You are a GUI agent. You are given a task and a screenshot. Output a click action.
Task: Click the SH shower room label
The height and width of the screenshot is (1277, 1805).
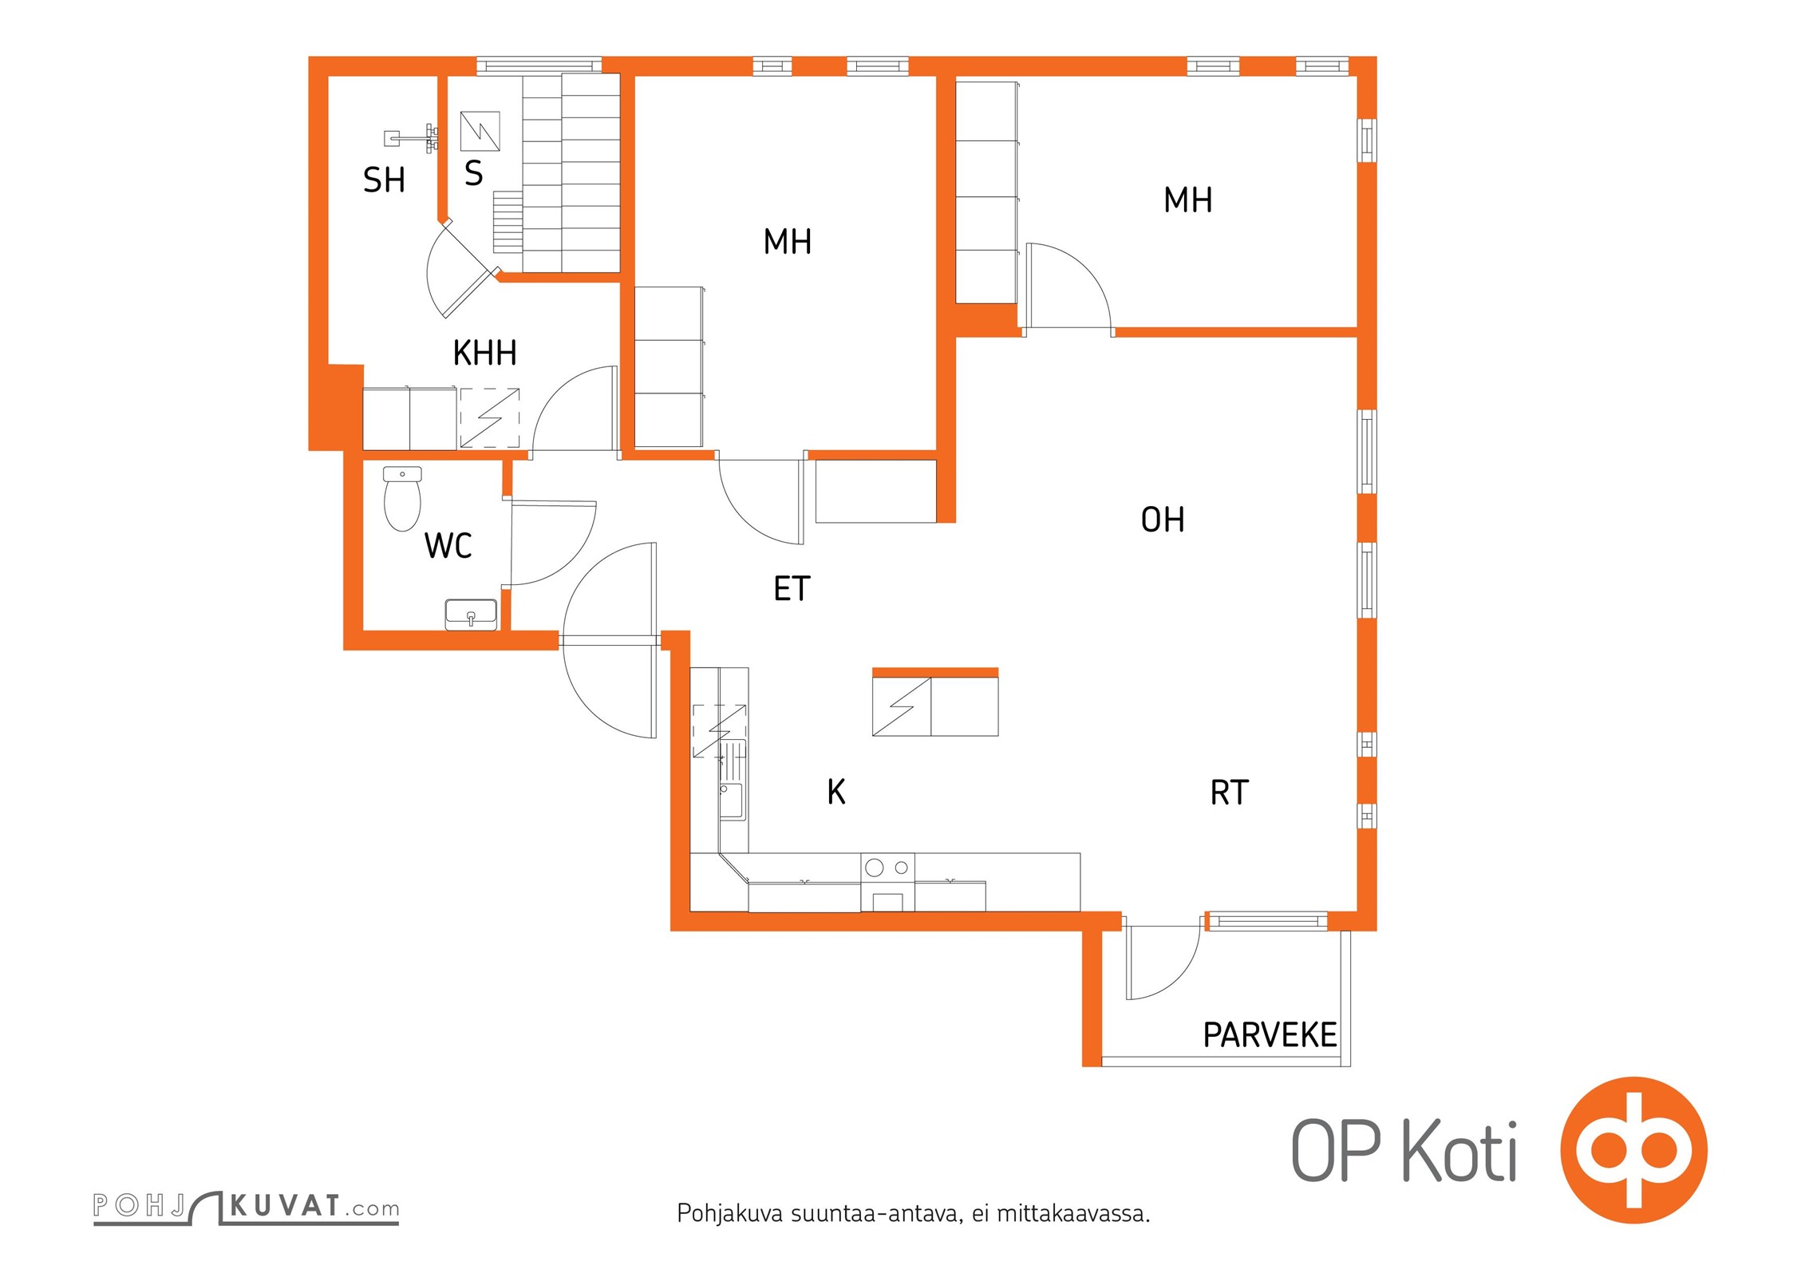pyautogui.click(x=384, y=180)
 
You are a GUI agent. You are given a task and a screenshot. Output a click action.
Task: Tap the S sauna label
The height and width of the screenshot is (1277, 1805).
pyautogui.click(x=473, y=174)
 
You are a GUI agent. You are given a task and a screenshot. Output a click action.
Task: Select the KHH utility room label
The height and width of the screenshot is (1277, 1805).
pyautogui.click(x=484, y=353)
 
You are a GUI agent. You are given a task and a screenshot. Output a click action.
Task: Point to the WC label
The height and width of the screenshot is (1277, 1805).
pyautogui.click(x=448, y=546)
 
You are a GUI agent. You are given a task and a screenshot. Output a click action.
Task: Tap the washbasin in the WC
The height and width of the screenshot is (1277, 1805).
pyautogui.click(x=471, y=615)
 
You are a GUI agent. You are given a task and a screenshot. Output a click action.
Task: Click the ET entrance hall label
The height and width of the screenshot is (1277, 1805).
pyautogui.click(x=792, y=589)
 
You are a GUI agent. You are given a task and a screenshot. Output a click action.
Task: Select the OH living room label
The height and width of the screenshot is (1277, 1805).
pyautogui.click(x=1162, y=520)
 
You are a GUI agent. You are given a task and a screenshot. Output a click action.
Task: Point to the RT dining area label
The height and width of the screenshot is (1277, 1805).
pyautogui.click(x=1229, y=793)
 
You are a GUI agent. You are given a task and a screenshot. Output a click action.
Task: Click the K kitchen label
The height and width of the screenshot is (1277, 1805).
pyautogui.click(x=835, y=792)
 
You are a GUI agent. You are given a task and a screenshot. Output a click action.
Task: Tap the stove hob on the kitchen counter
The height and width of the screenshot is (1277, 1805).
pyautogui.click(x=887, y=867)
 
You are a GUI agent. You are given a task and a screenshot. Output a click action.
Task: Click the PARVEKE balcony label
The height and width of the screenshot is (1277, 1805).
pyautogui.click(x=1269, y=1035)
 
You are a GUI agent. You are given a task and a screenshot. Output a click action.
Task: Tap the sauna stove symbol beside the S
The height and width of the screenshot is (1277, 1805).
pyautogui.click(x=480, y=132)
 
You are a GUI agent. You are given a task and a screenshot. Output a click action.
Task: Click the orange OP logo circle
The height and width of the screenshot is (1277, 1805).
pyautogui.click(x=1633, y=1150)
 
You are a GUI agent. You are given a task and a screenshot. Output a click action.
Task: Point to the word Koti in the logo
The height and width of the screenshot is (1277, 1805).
pyautogui.click(x=1459, y=1152)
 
